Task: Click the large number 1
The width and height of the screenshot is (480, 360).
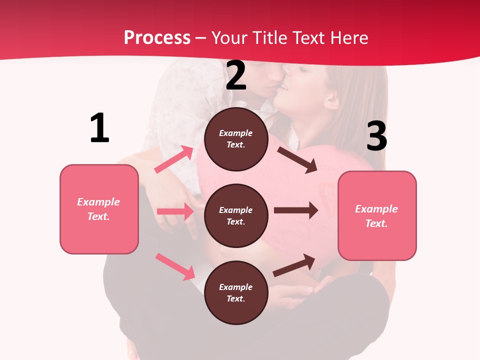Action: coord(99,128)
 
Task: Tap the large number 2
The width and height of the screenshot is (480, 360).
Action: coord(236,76)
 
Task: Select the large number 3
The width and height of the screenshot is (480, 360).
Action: coord(376,136)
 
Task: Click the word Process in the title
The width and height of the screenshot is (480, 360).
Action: coord(157,38)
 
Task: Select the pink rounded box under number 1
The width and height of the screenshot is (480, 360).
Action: coord(99,209)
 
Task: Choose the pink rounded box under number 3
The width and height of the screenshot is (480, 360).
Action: coord(377,215)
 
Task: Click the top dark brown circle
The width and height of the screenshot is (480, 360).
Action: coord(236,139)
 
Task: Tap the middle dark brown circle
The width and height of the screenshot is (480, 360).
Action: coord(236,215)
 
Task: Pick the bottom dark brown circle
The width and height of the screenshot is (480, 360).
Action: coord(236,292)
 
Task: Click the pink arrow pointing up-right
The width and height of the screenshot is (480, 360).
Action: coord(174,159)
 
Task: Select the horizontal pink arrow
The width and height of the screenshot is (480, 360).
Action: coord(175,211)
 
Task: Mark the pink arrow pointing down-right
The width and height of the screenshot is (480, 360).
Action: coord(175,266)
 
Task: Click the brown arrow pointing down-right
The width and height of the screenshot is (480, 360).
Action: coord(297,160)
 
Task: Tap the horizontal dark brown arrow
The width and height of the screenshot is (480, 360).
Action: coord(296,210)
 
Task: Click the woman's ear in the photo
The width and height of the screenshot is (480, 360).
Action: coord(330,100)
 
